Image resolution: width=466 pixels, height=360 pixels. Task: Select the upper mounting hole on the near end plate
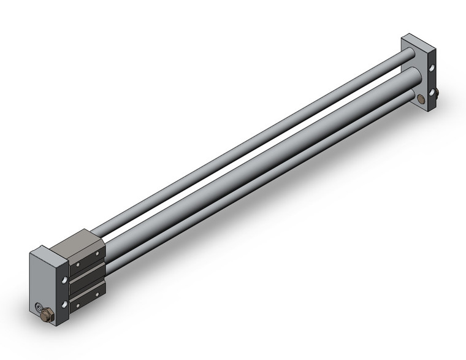64,280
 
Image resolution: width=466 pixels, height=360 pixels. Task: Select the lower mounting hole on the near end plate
65,304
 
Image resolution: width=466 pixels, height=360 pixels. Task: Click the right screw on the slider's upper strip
97,253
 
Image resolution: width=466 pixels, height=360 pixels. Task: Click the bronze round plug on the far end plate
420,99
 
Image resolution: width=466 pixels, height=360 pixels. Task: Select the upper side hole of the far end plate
433,69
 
